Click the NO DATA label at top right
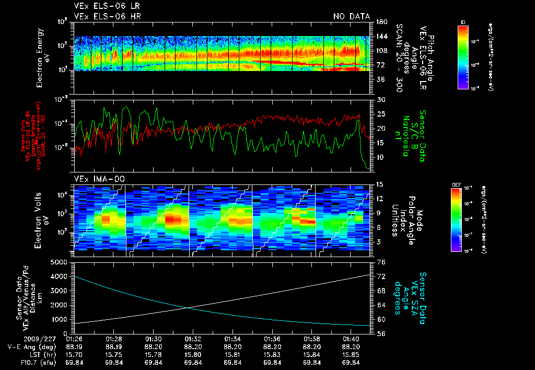[352, 16]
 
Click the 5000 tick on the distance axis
[61, 262]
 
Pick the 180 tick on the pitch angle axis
[381, 21]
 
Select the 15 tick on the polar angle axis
[380, 184]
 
